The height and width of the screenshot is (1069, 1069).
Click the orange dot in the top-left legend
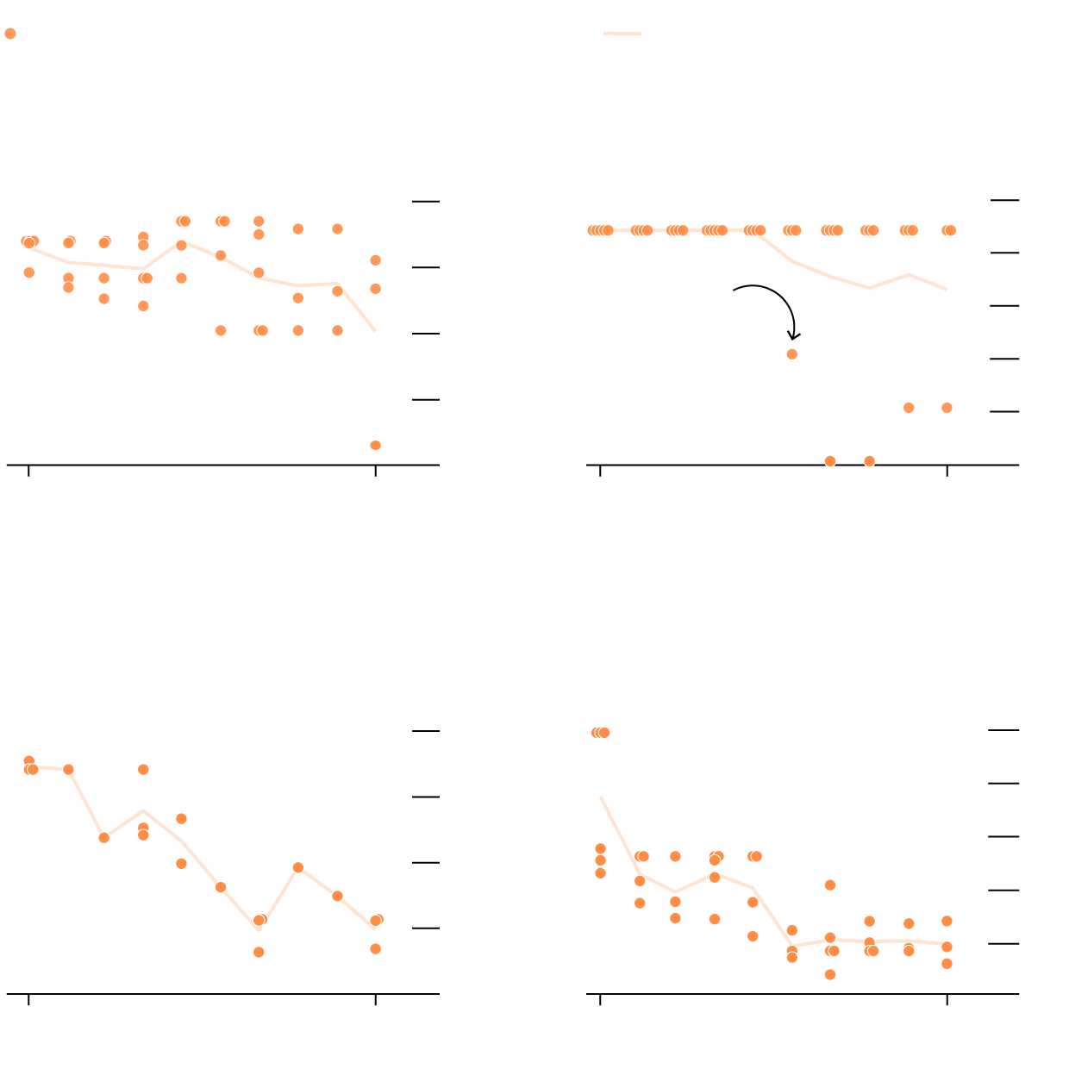(10, 34)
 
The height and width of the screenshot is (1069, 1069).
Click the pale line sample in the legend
(622, 34)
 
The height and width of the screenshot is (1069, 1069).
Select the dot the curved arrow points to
(792, 354)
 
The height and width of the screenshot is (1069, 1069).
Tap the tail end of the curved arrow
(735, 291)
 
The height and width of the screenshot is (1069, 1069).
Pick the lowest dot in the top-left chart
(376, 446)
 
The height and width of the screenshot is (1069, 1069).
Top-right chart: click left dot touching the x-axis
(830, 461)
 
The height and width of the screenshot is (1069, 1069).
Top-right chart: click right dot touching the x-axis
(870, 461)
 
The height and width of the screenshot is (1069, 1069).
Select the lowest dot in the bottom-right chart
(830, 975)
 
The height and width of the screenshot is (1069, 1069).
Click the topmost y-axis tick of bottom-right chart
(1003, 730)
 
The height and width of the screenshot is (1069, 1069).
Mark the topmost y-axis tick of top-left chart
(426, 202)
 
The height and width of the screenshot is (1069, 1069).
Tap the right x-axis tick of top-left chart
(376, 470)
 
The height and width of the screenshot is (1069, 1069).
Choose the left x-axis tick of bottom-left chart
(29, 999)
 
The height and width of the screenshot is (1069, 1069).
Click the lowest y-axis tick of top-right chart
(1005, 412)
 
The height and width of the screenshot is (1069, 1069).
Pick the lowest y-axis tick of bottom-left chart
(426, 928)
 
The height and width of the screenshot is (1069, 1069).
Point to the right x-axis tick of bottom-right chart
(947, 999)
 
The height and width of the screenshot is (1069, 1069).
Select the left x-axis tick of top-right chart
(600, 470)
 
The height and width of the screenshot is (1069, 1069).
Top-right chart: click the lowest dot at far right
(947, 408)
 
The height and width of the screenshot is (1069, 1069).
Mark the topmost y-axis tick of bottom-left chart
(426, 731)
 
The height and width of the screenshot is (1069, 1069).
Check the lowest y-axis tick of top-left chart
(426, 400)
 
